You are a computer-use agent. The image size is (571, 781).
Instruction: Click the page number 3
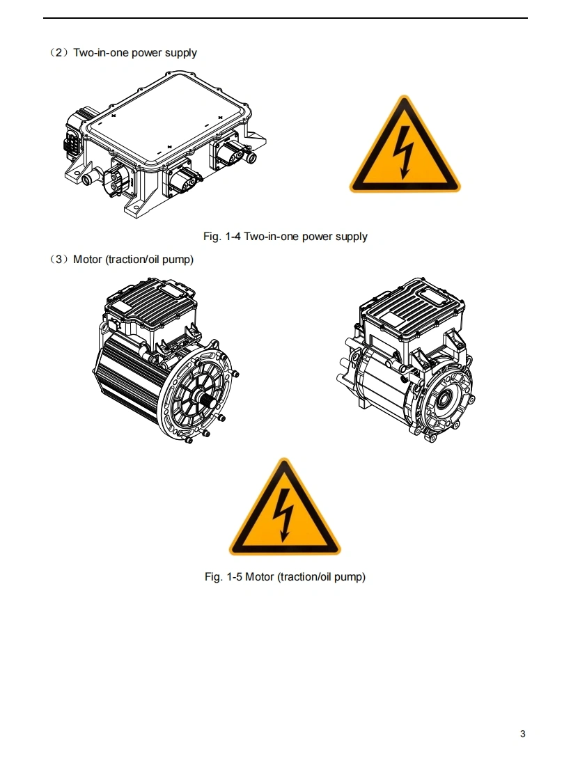coord(523,734)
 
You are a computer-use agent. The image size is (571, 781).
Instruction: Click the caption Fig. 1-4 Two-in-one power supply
coord(285,237)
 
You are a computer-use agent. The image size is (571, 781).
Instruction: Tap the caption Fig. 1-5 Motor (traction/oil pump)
coord(285,577)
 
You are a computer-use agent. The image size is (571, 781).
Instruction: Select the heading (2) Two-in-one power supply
coord(123,53)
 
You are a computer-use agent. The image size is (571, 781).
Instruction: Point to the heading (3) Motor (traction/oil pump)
coord(121,260)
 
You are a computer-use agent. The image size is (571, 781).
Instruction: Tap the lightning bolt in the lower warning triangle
coord(283,514)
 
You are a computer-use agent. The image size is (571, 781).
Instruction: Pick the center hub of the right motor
coord(443,397)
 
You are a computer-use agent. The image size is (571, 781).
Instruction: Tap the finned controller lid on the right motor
coord(412,302)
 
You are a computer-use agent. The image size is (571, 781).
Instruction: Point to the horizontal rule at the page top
coord(285,18)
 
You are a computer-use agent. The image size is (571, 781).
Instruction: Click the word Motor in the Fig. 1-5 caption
coord(260,577)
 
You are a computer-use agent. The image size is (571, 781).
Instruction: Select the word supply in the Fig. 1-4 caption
coord(351,237)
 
